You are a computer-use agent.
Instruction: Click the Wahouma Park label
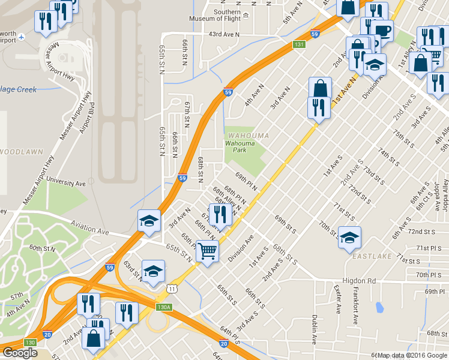[240, 146]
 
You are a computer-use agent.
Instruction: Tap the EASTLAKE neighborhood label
[372, 256]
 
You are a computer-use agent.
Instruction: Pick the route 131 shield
[299, 44]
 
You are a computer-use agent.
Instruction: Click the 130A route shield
[164, 307]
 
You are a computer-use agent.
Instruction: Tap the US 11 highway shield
[172, 289]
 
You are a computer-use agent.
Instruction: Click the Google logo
[20, 353]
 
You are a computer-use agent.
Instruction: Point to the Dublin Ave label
[314, 329]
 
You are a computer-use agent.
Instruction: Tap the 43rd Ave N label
[224, 35]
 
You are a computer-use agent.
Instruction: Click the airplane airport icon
[22, 37]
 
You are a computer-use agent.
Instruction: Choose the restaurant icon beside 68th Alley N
[220, 214]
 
